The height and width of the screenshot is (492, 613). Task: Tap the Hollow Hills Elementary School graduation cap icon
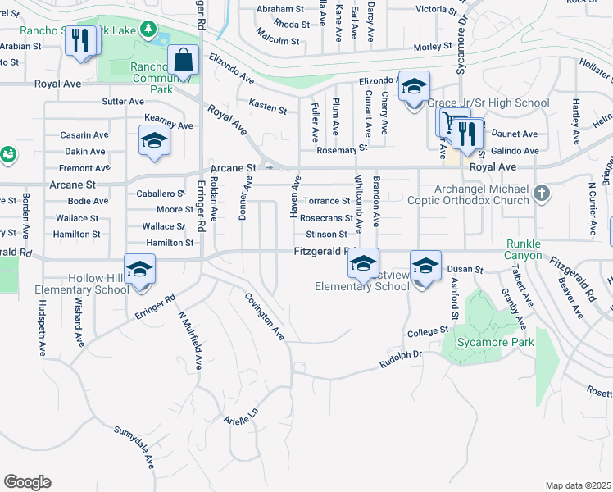[x=140, y=269]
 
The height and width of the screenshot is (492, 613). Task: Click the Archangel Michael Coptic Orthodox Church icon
[x=540, y=194]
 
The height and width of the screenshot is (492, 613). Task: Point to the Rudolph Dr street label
[x=400, y=359]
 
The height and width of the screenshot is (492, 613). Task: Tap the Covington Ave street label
[x=264, y=316]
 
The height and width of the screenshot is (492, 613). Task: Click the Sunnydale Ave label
[x=135, y=446]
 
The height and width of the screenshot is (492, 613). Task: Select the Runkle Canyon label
[x=524, y=250]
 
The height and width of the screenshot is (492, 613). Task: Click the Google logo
[x=27, y=482]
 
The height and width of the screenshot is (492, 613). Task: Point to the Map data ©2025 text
[x=578, y=485]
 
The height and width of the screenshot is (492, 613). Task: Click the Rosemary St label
[x=343, y=150]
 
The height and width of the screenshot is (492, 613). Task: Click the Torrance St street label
[x=328, y=201]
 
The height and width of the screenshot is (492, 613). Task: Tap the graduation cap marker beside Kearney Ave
[x=154, y=141]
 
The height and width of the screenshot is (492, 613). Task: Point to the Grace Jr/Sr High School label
[x=488, y=103]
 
